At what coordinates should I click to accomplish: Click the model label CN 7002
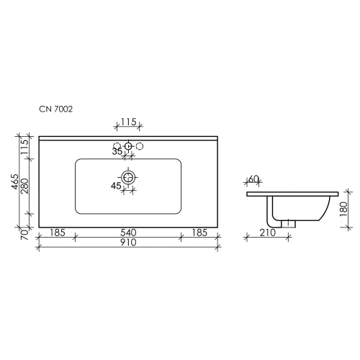pyautogui.click(x=55, y=109)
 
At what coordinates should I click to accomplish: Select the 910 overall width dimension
pyautogui.click(x=128, y=243)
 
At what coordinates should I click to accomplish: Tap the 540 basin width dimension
pyautogui.click(x=128, y=233)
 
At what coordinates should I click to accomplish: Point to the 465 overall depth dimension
pyautogui.click(x=15, y=181)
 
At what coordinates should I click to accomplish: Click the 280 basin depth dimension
pyautogui.click(x=24, y=186)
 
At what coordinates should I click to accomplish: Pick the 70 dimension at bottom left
pyautogui.click(x=24, y=235)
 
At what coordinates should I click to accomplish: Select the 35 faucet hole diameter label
pyautogui.click(x=117, y=152)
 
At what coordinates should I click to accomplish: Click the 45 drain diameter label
pyautogui.click(x=116, y=186)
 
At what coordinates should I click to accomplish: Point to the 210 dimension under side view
pyautogui.click(x=268, y=233)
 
